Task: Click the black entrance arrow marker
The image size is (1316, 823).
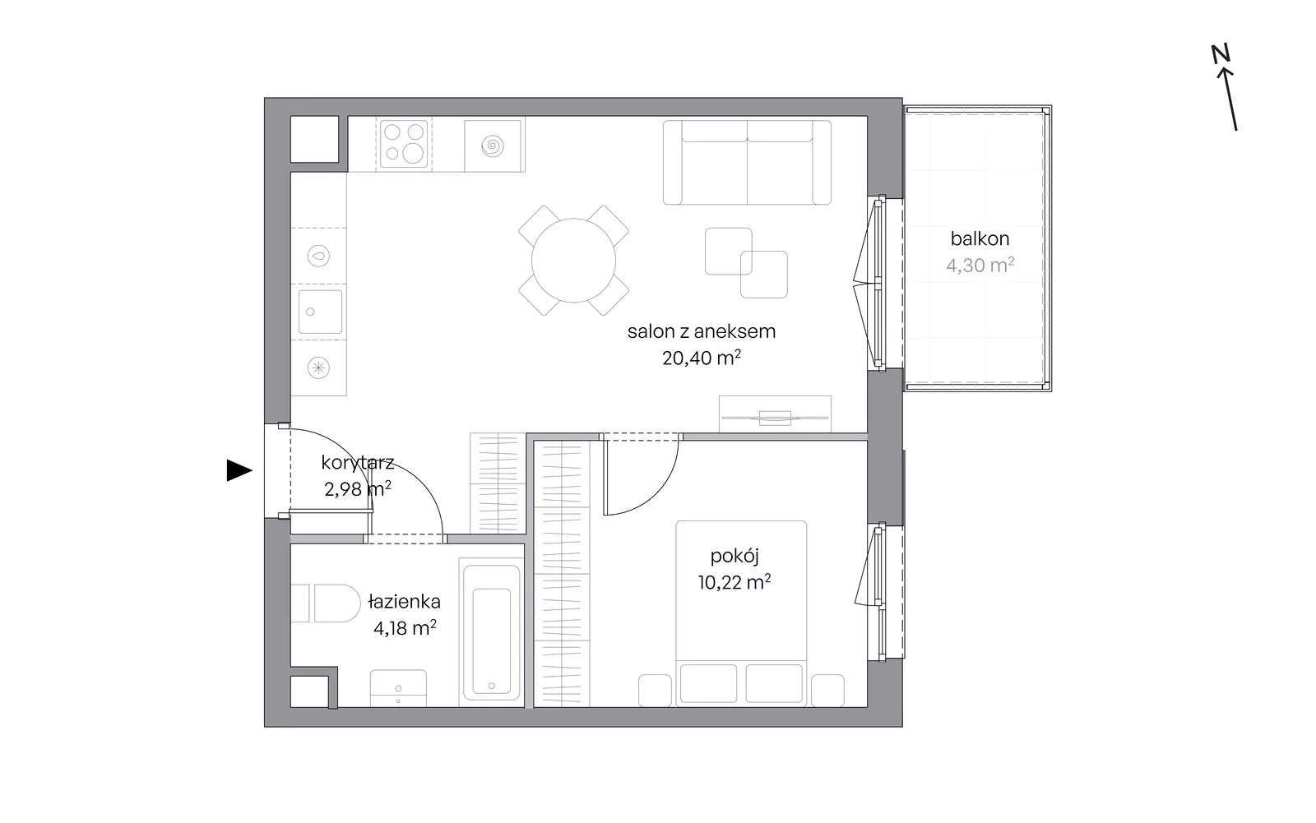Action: [x=239, y=470]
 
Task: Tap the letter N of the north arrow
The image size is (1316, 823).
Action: [x=1221, y=54]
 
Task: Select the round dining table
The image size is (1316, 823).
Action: [x=573, y=261]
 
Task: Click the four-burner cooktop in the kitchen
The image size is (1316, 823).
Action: [x=404, y=144]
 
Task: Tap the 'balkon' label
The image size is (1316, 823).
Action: [x=980, y=238]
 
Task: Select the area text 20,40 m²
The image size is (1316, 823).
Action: [x=701, y=358]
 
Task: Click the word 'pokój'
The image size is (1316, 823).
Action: [x=734, y=557]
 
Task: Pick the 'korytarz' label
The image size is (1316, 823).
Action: [x=357, y=463]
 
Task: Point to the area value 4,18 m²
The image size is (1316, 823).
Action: [x=405, y=628]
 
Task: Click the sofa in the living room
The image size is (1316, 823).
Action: [x=747, y=163]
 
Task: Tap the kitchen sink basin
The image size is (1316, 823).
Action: [x=320, y=312]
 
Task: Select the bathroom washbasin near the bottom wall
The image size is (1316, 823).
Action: [x=398, y=688]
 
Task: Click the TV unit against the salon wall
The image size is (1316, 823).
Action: [x=775, y=414]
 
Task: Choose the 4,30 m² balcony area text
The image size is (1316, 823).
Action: [x=980, y=266]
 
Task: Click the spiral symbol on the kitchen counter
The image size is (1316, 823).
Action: [x=493, y=146]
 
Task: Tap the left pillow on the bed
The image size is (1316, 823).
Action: [x=708, y=683]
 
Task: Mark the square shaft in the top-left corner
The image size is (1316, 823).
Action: [x=314, y=139]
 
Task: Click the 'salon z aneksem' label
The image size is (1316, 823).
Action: [x=702, y=331]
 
